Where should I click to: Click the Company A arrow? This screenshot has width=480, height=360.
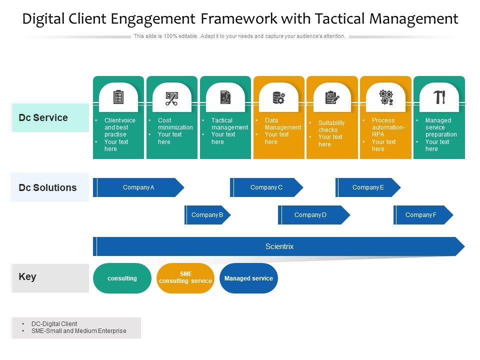(138, 187)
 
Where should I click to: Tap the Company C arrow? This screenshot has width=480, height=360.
(266, 187)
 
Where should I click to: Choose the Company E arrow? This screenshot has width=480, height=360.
(368, 187)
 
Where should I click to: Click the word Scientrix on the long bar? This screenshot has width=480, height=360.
(279, 246)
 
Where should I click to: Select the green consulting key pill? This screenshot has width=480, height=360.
(122, 278)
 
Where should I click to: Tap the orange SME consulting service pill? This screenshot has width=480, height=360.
(185, 278)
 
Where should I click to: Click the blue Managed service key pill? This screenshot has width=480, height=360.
(248, 278)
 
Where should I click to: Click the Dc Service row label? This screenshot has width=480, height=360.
(43, 118)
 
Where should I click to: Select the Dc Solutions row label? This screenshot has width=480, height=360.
(48, 188)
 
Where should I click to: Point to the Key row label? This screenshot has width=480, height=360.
(27, 277)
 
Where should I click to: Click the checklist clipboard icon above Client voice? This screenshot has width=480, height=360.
(118, 97)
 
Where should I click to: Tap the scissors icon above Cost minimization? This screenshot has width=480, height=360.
(171, 98)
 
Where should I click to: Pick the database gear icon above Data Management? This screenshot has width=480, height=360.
(278, 97)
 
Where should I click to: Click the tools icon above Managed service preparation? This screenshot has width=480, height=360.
(439, 97)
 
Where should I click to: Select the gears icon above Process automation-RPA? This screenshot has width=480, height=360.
(386, 97)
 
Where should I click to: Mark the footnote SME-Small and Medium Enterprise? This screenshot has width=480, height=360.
(78, 331)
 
